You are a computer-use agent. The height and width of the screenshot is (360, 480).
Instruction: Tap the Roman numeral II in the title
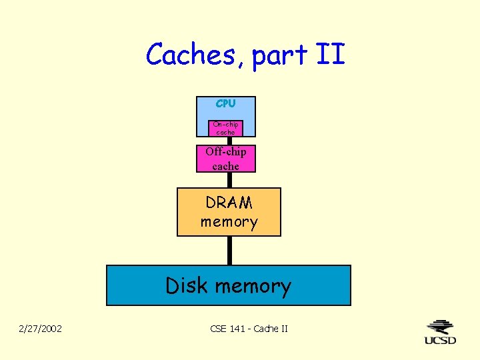[330, 54]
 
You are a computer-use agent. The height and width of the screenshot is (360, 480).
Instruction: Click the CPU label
[225, 103]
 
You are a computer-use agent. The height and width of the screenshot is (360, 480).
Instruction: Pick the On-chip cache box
[225, 128]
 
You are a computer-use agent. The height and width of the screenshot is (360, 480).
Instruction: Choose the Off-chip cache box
[225, 159]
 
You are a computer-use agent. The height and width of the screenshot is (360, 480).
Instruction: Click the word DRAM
[229, 203]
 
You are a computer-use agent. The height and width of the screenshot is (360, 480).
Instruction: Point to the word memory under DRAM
[229, 221]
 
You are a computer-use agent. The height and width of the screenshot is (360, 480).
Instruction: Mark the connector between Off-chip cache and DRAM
[229, 180]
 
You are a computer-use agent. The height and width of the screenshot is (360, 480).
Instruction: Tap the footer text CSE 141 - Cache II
[249, 328]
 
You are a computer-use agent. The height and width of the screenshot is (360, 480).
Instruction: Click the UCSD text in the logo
[441, 340]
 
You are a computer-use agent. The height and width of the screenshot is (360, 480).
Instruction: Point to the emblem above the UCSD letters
[441, 327]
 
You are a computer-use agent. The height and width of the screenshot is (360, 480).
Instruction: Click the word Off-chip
[225, 152]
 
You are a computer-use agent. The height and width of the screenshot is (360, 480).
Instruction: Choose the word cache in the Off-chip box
[225, 166]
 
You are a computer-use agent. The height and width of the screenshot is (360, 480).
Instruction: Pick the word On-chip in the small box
[225, 124]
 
